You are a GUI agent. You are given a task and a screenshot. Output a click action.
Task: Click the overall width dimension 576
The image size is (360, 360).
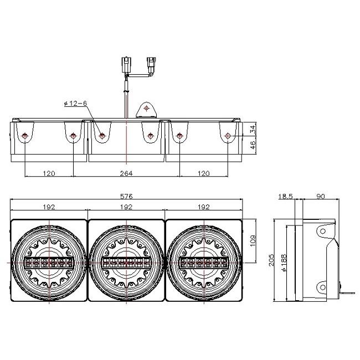126,196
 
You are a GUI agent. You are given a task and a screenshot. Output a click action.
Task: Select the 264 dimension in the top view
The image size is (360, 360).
126,173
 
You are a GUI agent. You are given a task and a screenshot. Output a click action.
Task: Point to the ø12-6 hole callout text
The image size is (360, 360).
75,104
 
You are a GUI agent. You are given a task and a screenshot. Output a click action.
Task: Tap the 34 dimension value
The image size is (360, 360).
253,129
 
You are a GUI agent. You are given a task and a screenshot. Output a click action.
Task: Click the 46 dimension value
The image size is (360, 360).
253,145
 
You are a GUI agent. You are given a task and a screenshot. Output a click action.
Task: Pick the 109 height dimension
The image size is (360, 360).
253,240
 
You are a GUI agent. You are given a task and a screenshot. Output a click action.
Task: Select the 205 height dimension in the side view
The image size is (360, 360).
271,260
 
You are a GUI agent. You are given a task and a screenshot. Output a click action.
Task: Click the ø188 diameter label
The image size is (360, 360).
285,263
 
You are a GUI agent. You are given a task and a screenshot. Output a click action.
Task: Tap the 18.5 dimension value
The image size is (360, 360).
285,197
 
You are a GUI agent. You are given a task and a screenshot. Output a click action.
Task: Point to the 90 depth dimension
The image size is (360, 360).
321,197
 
